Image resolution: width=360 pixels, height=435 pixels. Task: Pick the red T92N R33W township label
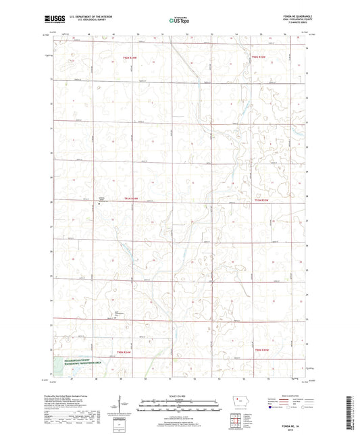259,58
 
